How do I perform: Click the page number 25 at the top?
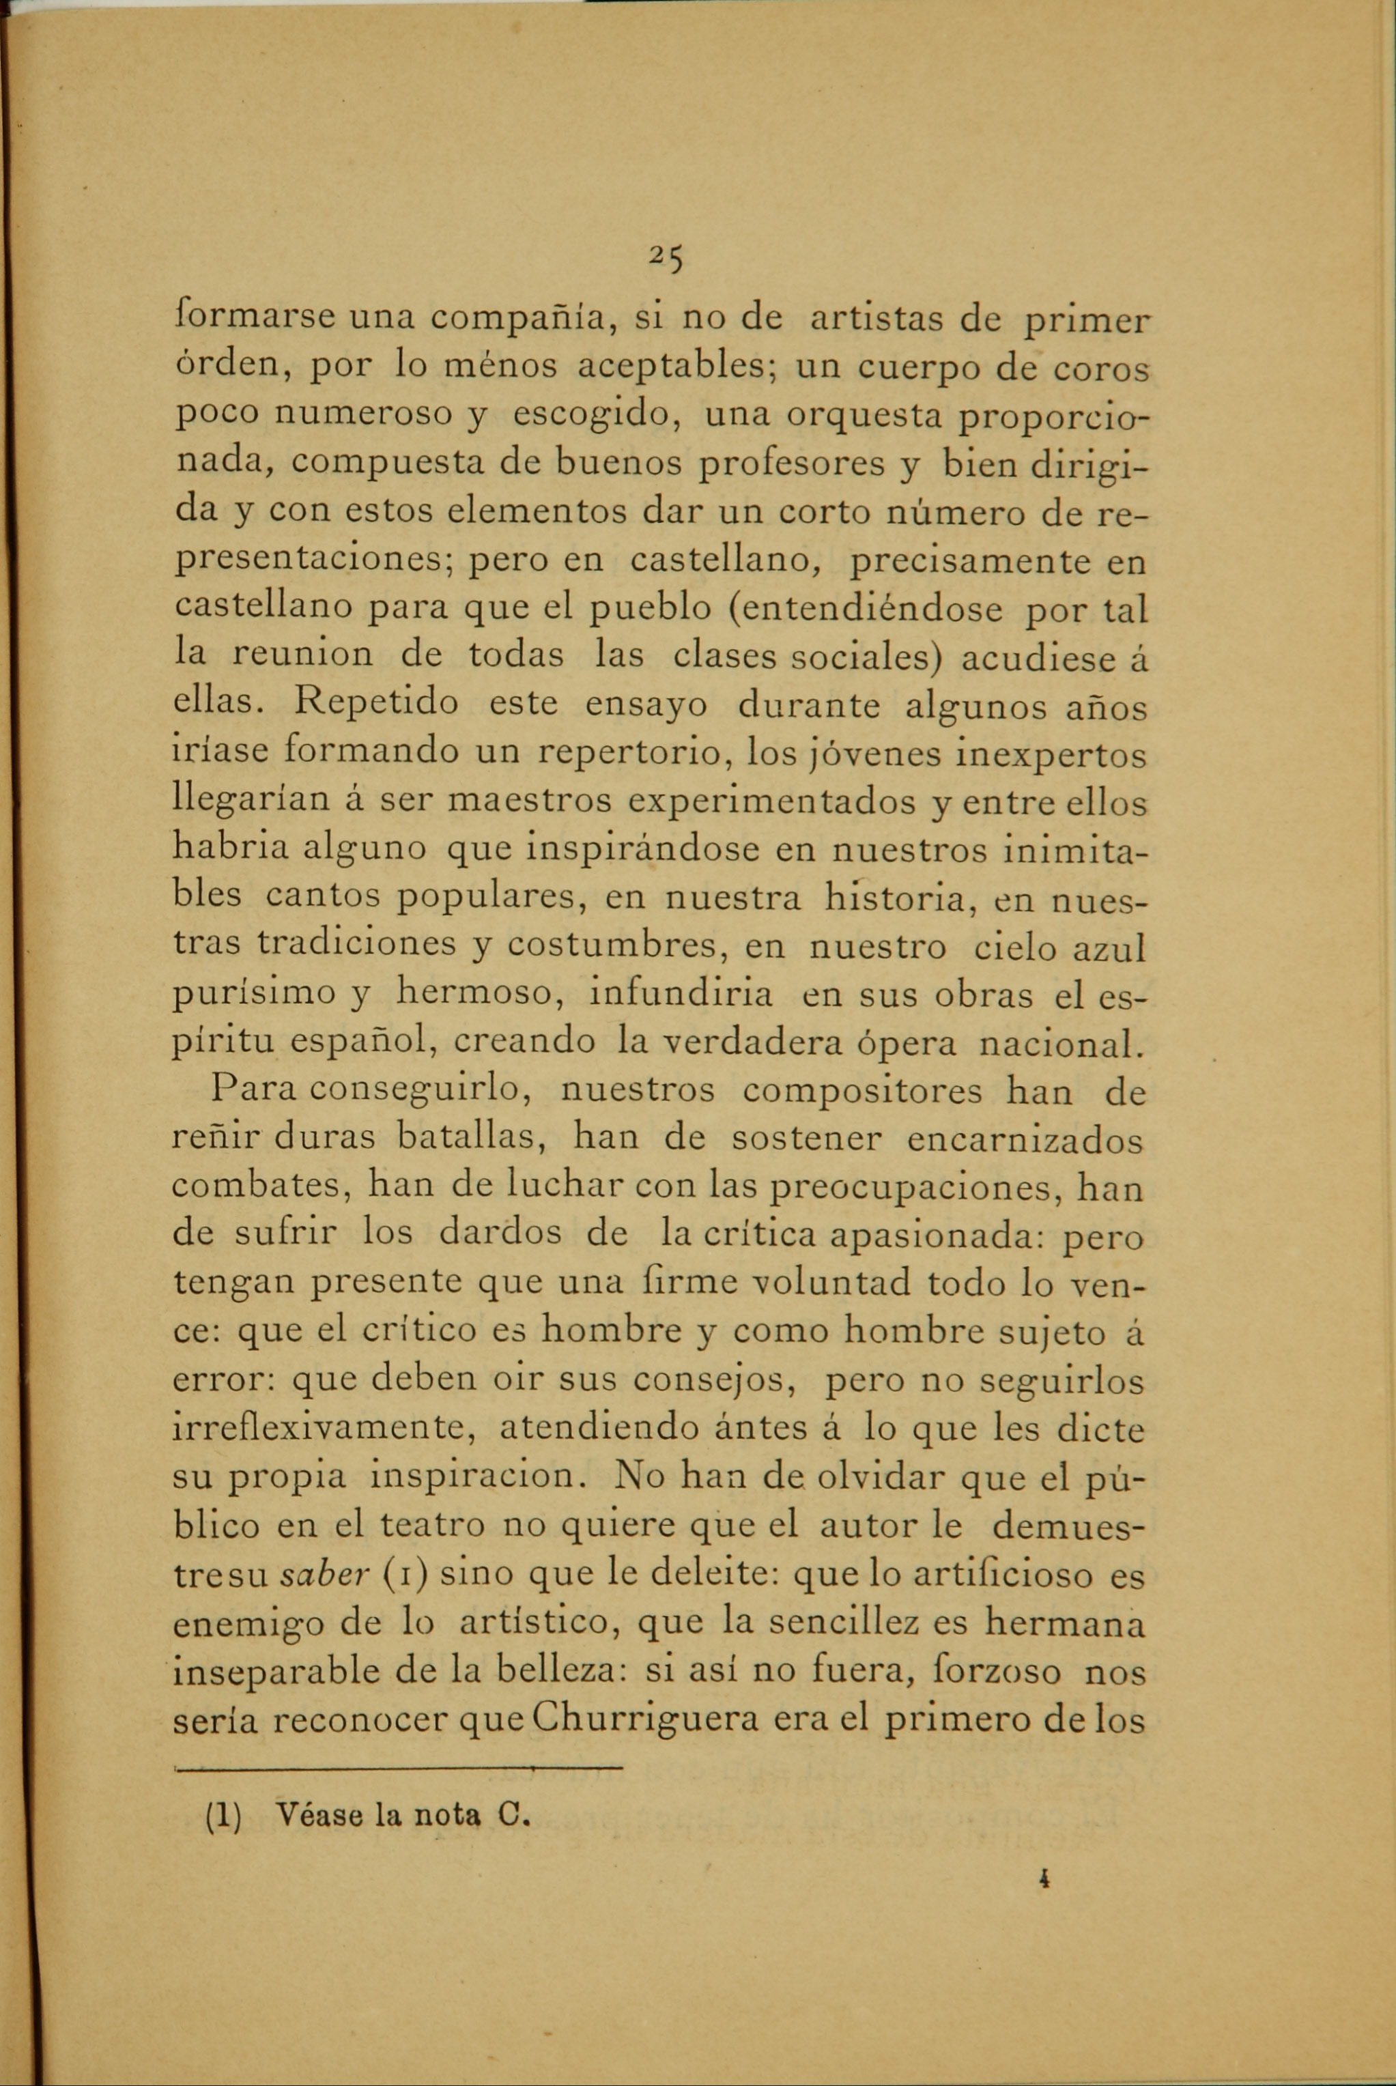pyautogui.click(x=665, y=258)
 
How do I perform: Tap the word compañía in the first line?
pyautogui.click(x=524, y=319)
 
